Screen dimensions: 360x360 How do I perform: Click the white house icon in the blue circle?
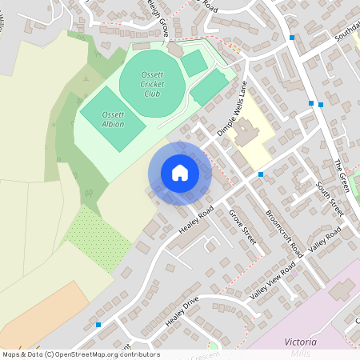(180, 173)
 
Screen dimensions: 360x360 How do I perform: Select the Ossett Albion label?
(113, 119)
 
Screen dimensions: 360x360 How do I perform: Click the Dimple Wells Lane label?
(232, 107)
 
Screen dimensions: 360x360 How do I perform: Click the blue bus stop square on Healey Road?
(261, 174)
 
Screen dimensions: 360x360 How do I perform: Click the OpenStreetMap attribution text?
(81, 354)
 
